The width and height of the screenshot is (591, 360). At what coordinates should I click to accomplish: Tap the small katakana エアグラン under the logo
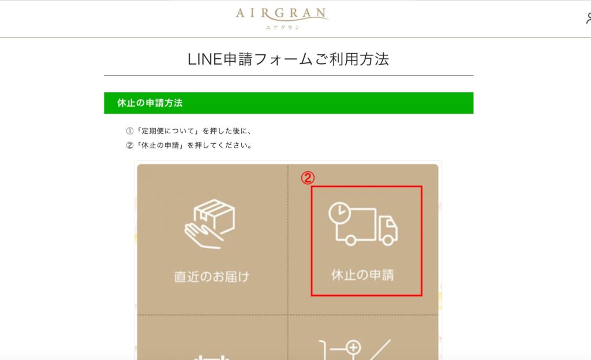tap(283, 28)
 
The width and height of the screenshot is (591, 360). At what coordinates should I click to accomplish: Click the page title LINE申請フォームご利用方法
tap(289, 59)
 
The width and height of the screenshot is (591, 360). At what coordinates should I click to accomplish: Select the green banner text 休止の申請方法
tap(150, 103)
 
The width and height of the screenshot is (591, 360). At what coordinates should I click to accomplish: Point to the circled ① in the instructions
tap(130, 131)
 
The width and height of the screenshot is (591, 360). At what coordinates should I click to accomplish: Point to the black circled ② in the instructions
tap(130, 145)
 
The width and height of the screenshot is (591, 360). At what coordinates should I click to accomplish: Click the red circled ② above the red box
tap(308, 178)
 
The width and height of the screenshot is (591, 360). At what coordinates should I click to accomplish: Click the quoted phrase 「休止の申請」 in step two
tap(160, 145)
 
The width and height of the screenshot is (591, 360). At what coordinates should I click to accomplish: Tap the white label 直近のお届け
tap(212, 277)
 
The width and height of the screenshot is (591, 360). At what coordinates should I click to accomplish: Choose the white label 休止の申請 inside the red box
tap(362, 275)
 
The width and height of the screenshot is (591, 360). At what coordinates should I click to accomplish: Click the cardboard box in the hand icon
tap(215, 216)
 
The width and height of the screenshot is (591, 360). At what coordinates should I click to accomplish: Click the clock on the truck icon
tap(339, 213)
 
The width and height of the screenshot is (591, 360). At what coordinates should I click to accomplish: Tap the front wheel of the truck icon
tap(388, 239)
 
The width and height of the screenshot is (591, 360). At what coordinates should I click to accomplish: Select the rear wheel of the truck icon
tap(350, 240)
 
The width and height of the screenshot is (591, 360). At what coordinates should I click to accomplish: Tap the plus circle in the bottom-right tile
tap(353, 347)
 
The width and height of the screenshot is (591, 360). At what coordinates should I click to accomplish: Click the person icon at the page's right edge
tap(588, 18)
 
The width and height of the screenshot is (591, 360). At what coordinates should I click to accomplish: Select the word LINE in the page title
tap(205, 59)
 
